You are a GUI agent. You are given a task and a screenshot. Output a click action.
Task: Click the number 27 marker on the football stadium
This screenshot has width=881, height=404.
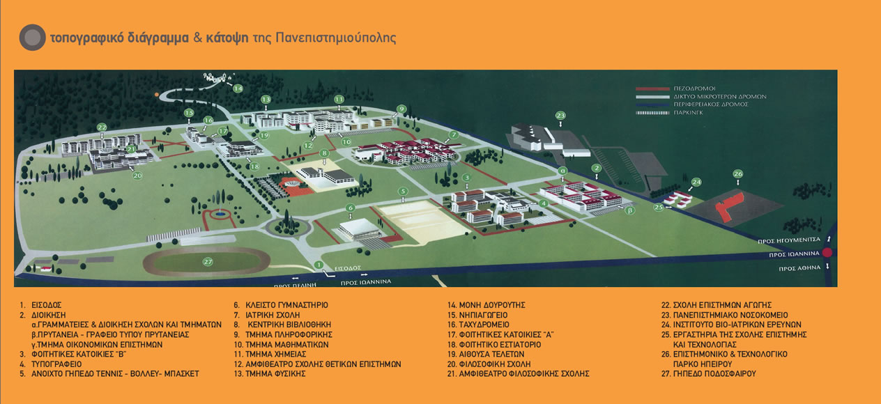coord(207,262)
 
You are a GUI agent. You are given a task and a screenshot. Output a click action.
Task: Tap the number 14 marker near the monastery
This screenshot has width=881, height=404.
coord(238,88)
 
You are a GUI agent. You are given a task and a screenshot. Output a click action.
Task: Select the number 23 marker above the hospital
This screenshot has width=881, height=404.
coord(560,115)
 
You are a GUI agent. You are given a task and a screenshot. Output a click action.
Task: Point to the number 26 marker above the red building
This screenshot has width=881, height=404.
coord(738,173)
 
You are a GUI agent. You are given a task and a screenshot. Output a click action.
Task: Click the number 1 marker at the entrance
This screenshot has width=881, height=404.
coord(319,264)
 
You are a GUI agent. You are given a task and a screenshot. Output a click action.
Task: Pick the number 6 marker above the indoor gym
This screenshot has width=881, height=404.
coord(351,208)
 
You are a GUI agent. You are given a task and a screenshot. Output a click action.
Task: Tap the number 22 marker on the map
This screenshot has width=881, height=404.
coord(102,127)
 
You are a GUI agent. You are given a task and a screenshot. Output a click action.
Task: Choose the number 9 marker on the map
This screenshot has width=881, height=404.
coord(401,109)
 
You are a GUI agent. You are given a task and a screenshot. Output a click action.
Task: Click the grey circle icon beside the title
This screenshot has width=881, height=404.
coord(32,38)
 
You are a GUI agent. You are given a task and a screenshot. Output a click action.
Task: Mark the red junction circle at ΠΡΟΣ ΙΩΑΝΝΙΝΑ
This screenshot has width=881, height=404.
coord(827,254)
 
